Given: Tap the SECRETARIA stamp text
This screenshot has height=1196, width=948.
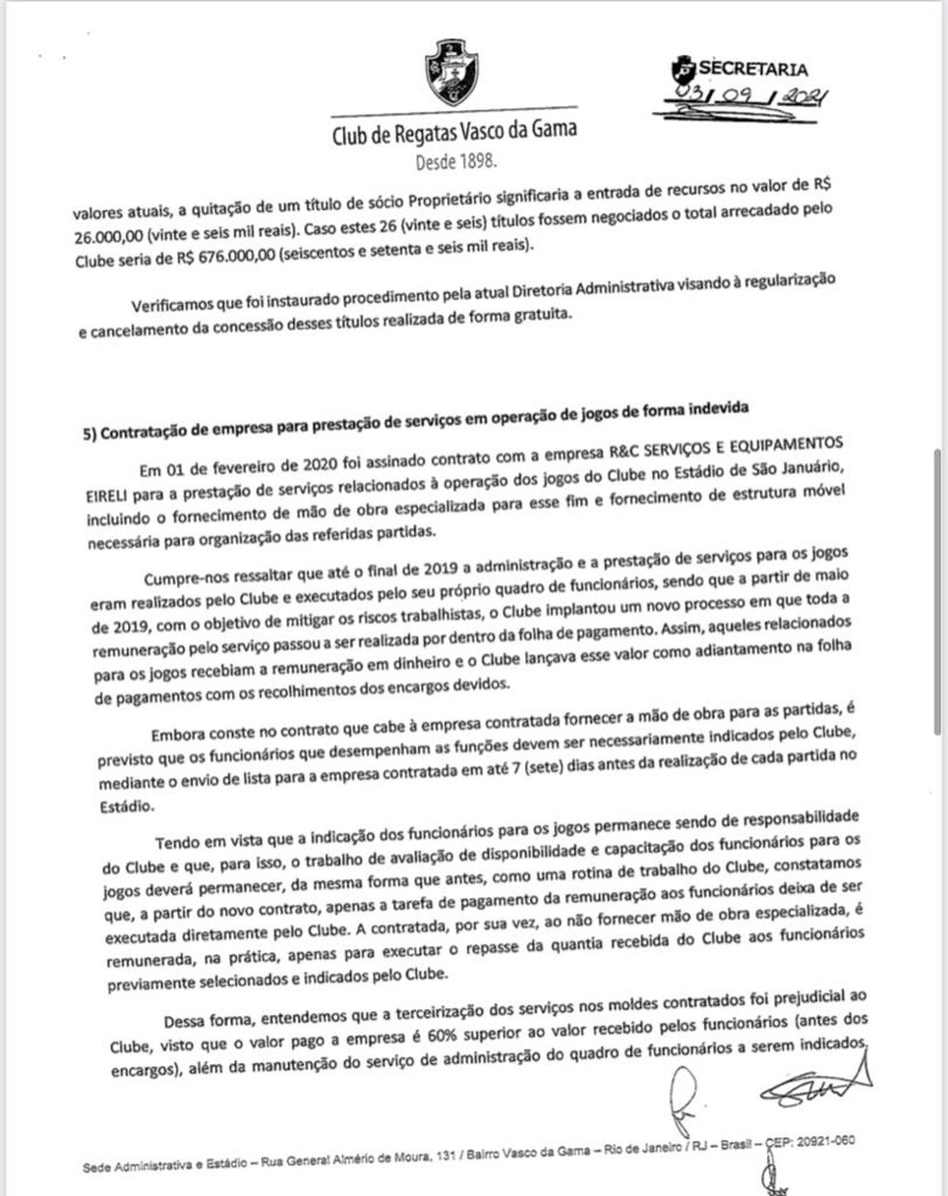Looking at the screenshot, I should pos(752,68).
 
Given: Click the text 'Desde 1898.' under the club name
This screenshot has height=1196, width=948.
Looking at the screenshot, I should pos(457,162).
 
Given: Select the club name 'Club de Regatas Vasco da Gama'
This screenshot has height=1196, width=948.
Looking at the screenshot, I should pos(455,131).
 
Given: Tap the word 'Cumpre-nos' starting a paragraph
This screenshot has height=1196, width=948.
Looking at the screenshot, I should pos(183,577).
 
